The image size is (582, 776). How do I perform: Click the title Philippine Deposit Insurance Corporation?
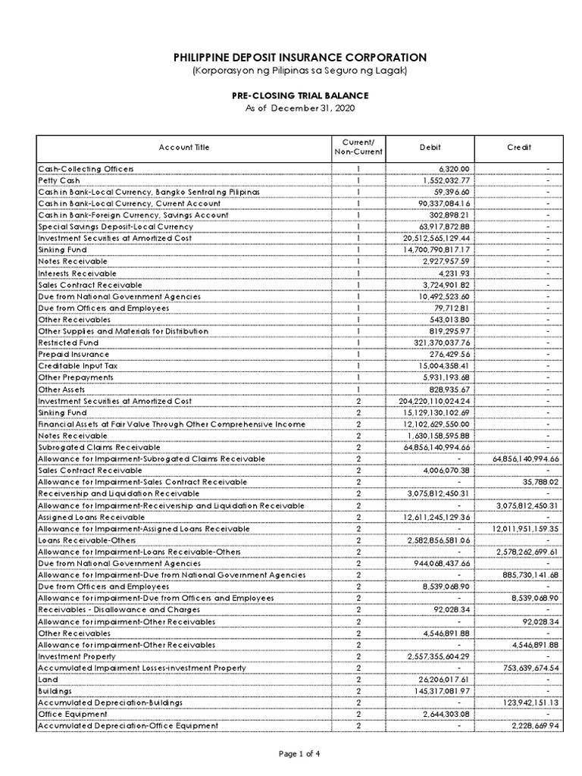coord(290,58)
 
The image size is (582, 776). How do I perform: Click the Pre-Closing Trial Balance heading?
coord(290,95)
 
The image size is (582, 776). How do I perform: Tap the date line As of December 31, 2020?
coord(290,108)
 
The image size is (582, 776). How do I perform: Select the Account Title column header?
coord(184,148)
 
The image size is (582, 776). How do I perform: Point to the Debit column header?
coord(430,148)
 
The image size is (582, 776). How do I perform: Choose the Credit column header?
coord(520,148)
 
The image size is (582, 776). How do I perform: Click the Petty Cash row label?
coord(58,180)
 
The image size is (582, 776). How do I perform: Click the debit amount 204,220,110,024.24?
coord(432,401)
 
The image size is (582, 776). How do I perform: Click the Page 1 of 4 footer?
coord(290,753)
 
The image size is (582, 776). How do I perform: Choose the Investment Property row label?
coord(77,656)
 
